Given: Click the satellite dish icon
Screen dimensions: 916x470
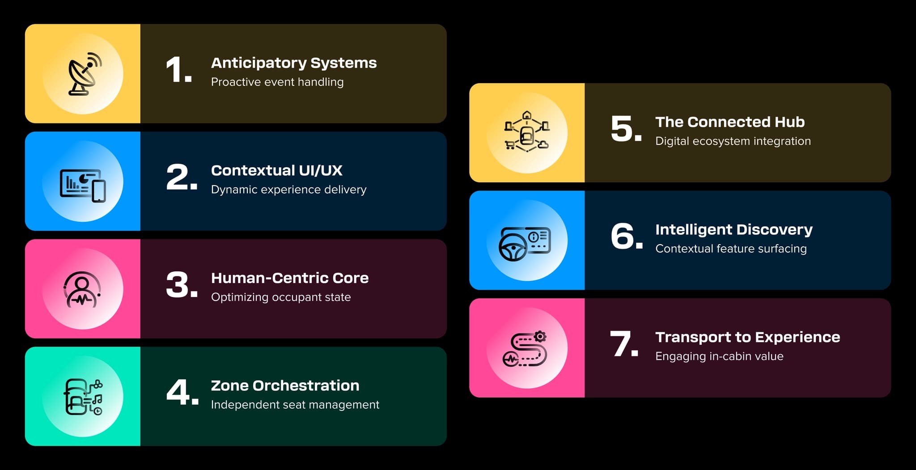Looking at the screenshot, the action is tap(85, 74).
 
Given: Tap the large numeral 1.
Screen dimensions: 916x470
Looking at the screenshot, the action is tap(178, 70).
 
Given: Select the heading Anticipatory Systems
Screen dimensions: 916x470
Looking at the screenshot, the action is tap(294, 63).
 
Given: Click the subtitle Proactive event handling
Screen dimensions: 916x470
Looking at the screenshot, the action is tap(277, 82).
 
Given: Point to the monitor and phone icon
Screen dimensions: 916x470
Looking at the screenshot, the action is tap(83, 186).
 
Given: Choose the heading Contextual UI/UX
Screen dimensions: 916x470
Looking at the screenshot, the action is tap(276, 170).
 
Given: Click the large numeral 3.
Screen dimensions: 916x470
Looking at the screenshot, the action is tap(182, 285).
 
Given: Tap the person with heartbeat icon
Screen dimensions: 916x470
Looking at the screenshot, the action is tap(82, 289).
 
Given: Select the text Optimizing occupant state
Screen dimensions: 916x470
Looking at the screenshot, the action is tap(281, 297).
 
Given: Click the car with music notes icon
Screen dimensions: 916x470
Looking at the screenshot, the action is tap(83, 397).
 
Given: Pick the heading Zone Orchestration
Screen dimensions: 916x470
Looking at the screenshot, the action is tap(285, 385).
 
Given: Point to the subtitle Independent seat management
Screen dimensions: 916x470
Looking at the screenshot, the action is tap(295, 405).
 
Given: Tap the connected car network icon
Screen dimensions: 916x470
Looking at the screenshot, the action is tap(527, 132).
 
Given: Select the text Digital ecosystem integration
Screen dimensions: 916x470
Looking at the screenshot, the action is tap(733, 141).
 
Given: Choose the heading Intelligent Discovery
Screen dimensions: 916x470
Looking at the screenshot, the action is tap(734, 229).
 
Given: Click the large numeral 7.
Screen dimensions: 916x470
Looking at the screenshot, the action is tap(624, 344).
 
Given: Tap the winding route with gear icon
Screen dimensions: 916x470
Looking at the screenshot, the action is tap(525, 349).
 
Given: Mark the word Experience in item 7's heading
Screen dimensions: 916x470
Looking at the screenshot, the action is tap(797, 338).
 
